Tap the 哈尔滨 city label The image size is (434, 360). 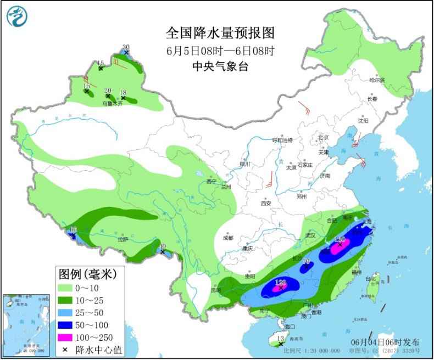[x=377, y=80]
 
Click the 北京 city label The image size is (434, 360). [x=322, y=137]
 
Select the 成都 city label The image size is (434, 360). [x=228, y=238]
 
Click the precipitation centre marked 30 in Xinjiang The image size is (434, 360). [x=126, y=48]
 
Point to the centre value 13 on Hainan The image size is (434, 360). [x=280, y=340]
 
